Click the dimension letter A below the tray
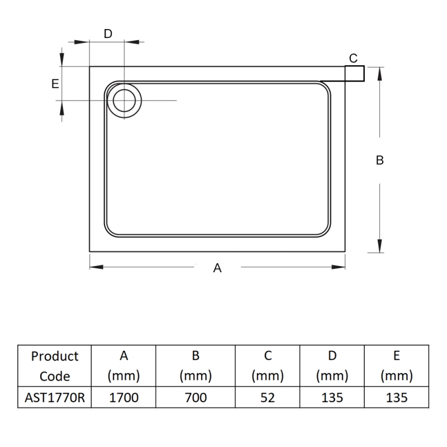[x=218, y=268]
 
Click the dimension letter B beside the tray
[x=379, y=160]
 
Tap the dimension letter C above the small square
[x=353, y=58]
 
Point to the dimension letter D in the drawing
[x=108, y=34]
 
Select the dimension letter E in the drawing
[x=55, y=84]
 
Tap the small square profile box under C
[x=354, y=73]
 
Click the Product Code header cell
[x=55, y=366]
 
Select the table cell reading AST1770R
[x=55, y=397]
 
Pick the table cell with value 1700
[x=124, y=397]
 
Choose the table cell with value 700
[x=196, y=397]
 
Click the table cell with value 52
[x=268, y=397]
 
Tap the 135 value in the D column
[x=332, y=397]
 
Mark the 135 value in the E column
[x=396, y=397]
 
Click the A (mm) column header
[x=124, y=366]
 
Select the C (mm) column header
[x=268, y=366]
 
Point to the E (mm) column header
[x=396, y=366]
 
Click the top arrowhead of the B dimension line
[x=380, y=72]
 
